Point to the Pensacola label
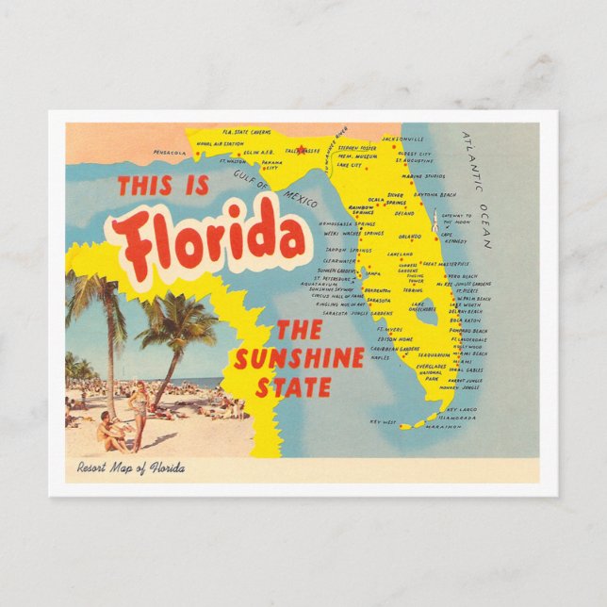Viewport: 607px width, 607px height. coord(170,152)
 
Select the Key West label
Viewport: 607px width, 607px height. coord(386,422)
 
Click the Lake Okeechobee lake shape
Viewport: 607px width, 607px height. coord(425,308)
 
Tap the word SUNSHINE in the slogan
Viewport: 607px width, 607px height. coord(299,359)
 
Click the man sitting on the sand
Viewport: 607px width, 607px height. coord(111,434)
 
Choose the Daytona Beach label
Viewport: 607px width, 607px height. coord(435,194)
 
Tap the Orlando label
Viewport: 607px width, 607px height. coord(409,236)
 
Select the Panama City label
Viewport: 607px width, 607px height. coord(271,166)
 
